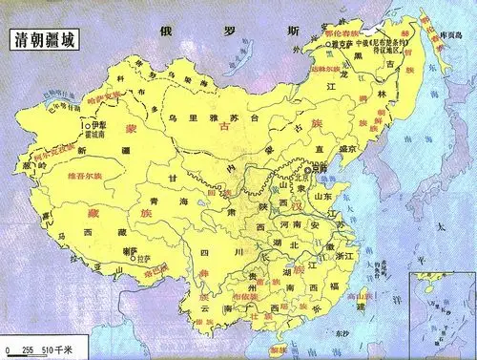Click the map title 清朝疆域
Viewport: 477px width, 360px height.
click(44, 43)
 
